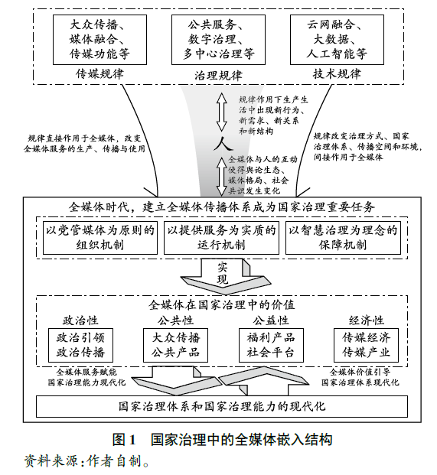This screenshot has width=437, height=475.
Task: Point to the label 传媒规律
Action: pyautogui.click(x=99, y=74)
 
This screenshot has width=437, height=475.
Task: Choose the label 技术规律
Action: pyautogui.click(x=338, y=74)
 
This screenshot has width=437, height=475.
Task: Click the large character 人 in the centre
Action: pyautogui.click(x=220, y=145)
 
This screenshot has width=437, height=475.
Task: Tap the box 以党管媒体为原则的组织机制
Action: pyautogui.click(x=99, y=237)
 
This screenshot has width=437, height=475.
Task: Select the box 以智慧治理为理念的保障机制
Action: pyautogui.click(x=338, y=237)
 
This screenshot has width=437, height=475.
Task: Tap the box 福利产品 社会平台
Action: pyautogui.click(x=266, y=345)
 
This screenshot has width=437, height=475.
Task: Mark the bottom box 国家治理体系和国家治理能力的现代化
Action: pyautogui.click(x=220, y=405)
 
